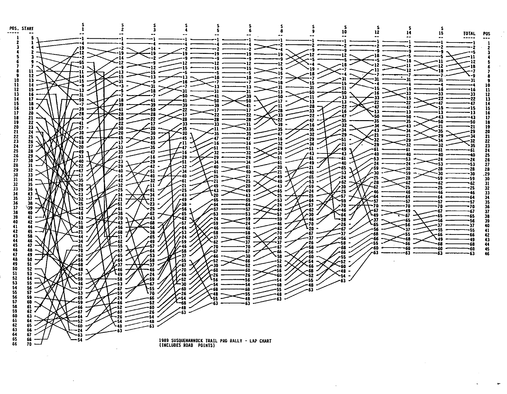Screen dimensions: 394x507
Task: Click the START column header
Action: click(28, 29)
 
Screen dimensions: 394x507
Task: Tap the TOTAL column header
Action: click(469, 33)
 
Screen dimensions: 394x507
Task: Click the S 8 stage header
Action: click(281, 29)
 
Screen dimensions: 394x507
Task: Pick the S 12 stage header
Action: click(377, 30)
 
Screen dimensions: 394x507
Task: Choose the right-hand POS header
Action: click(487, 33)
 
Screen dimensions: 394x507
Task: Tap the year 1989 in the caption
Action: click(164, 341)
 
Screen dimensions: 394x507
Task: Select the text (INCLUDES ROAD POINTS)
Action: click(187, 346)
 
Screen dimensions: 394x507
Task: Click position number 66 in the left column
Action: click(15, 344)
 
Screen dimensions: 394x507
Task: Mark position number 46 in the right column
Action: click(487, 254)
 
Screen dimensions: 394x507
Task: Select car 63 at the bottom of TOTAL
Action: click(472, 254)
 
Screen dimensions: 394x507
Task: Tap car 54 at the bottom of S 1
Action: click(80, 340)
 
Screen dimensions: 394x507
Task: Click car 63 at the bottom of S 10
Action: click(343, 281)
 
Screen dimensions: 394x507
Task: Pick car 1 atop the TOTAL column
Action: click(474, 42)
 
